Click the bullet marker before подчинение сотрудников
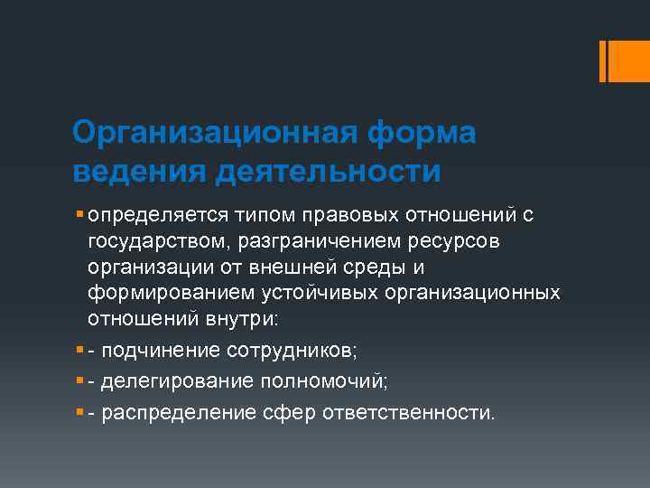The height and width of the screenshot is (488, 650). (80, 347)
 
